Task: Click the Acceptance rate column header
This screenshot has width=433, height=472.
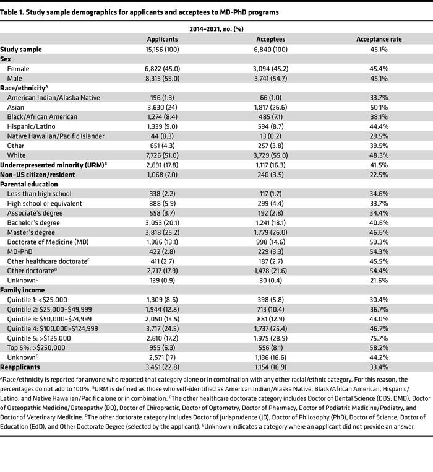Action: pos(379,39)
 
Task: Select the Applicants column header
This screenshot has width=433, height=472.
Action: pos(163,39)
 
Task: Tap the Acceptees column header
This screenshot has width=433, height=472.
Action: pos(270,39)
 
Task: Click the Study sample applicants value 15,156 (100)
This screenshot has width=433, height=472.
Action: pos(163,49)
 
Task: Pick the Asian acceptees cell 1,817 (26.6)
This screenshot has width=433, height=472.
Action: pos(270,107)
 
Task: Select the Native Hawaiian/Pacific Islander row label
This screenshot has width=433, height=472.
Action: pos(56,136)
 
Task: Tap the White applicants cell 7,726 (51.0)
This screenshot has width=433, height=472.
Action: pos(163,155)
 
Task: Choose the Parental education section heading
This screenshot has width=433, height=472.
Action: pos(30,185)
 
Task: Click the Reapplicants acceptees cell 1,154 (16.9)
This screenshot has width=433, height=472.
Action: pos(270,367)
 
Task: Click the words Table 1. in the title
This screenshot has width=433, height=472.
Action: pos(14,12)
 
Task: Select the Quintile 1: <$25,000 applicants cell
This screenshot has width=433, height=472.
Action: pos(163,300)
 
